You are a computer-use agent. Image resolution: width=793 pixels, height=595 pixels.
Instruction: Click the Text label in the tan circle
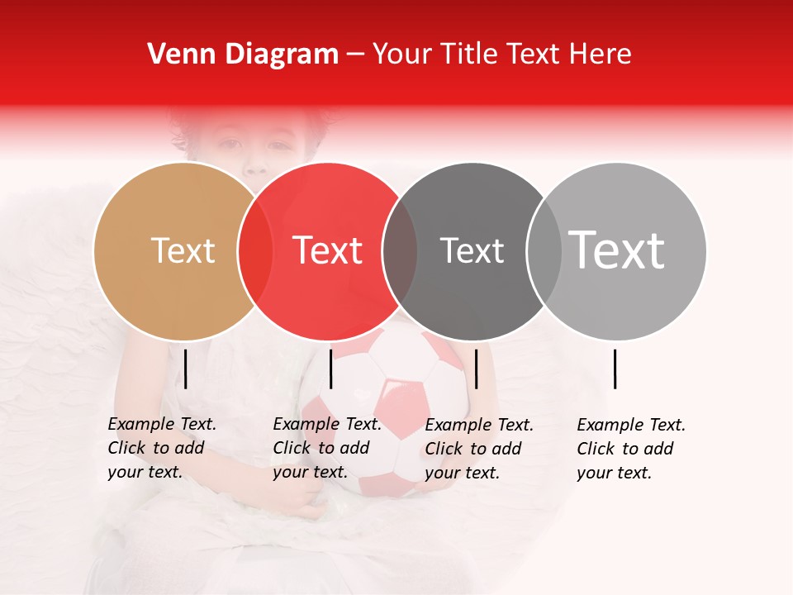point(183,251)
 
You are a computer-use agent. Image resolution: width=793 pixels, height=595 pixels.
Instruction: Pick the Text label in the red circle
point(328,251)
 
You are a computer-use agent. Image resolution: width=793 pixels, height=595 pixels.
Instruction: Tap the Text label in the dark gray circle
point(472,251)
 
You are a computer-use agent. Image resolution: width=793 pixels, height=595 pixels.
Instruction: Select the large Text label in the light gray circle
point(616,250)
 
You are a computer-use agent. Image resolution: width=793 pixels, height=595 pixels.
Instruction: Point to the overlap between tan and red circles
point(255,251)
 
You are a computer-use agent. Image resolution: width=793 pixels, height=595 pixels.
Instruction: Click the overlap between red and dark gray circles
point(400,251)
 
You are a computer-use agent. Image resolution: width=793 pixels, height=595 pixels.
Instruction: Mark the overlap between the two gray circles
point(544,251)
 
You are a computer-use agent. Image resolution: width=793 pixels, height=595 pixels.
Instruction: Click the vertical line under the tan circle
point(186,369)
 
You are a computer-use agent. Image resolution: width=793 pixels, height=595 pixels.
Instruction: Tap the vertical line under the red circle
point(330,369)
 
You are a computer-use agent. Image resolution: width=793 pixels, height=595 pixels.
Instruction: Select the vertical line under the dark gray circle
point(477,369)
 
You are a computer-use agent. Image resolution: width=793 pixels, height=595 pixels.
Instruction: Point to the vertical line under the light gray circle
point(615,369)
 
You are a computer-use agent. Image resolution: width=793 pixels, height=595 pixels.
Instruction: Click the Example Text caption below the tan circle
point(162,448)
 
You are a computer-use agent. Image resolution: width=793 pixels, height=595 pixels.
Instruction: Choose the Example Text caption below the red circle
point(327,448)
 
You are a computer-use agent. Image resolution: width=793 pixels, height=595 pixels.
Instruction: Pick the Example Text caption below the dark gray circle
point(479,449)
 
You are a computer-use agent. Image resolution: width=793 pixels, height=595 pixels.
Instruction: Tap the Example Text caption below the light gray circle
point(631,449)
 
